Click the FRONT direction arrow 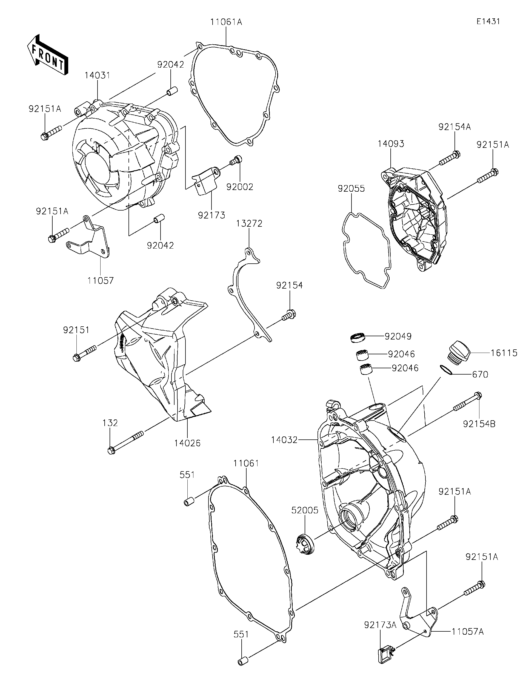(47, 55)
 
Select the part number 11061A (226, 22)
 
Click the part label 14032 (284, 440)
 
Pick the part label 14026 (187, 443)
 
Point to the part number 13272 (249, 223)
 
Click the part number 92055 (351, 189)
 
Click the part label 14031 (97, 76)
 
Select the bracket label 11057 (101, 280)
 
